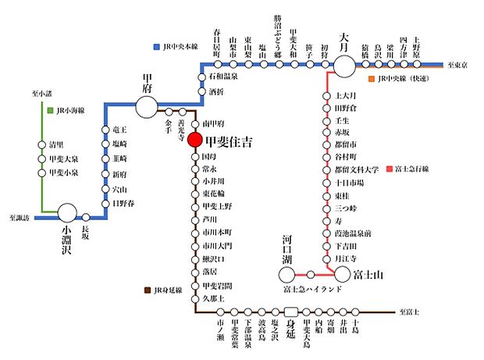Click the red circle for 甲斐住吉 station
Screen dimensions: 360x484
(195, 142)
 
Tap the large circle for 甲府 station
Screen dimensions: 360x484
(147, 105)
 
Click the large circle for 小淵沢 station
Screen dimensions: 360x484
(67, 212)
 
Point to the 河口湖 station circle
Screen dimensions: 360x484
(289, 273)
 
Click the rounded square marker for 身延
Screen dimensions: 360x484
(290, 312)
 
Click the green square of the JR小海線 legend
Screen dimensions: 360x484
(48, 110)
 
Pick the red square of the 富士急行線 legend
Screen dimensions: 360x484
(389, 169)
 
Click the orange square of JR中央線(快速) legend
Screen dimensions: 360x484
(372, 79)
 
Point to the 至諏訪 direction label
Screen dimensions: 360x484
(19, 218)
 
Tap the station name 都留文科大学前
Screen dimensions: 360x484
(357, 169)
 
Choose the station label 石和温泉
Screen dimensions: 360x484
(223, 77)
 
